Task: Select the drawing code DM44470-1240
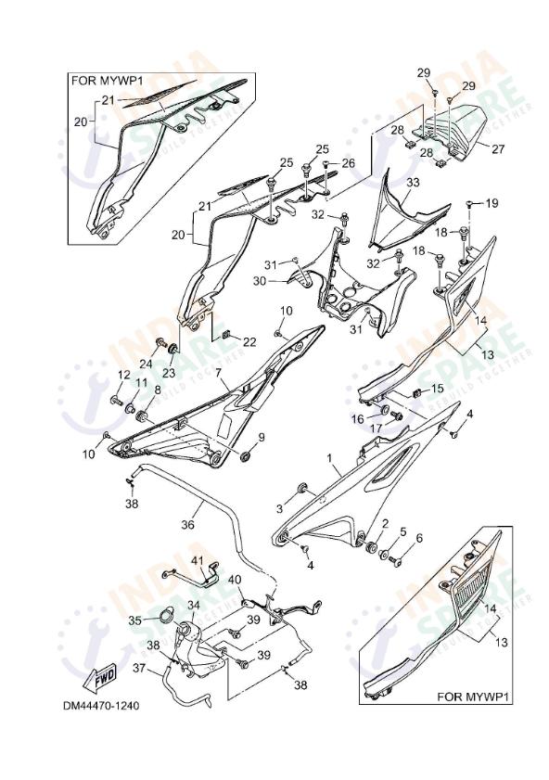(101, 706)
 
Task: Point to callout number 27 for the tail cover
(498, 148)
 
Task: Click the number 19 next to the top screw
(492, 202)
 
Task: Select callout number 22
(249, 342)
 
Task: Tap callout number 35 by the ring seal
(134, 620)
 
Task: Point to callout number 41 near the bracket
(197, 561)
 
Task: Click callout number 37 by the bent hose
(138, 669)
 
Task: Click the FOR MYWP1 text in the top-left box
(109, 81)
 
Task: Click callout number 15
(438, 388)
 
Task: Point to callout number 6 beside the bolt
(418, 538)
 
